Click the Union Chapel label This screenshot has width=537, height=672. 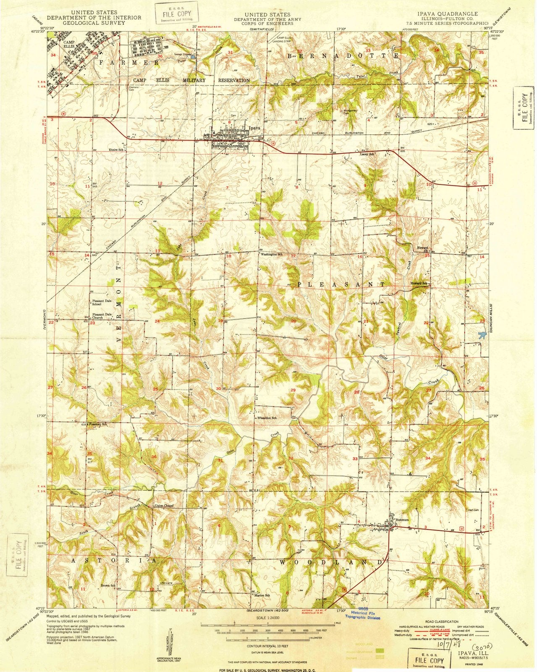(164, 505)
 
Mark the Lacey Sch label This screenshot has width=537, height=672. (367, 154)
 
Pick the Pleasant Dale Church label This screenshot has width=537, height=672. (102, 316)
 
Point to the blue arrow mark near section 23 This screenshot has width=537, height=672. (482, 334)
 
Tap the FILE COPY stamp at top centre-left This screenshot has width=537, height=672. (170, 11)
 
